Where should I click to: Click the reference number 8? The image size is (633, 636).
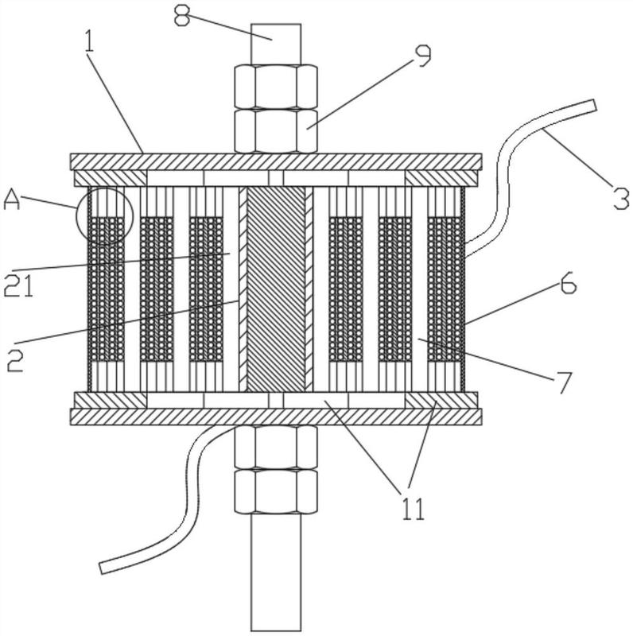[182, 16]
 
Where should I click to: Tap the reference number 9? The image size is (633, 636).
[421, 56]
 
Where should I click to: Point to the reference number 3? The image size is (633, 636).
[621, 198]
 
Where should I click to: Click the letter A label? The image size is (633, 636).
[11, 200]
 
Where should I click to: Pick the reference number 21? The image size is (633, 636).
[18, 285]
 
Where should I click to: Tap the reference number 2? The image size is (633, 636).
[16, 360]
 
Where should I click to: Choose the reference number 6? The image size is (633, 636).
[568, 283]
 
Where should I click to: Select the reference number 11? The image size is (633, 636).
[414, 508]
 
